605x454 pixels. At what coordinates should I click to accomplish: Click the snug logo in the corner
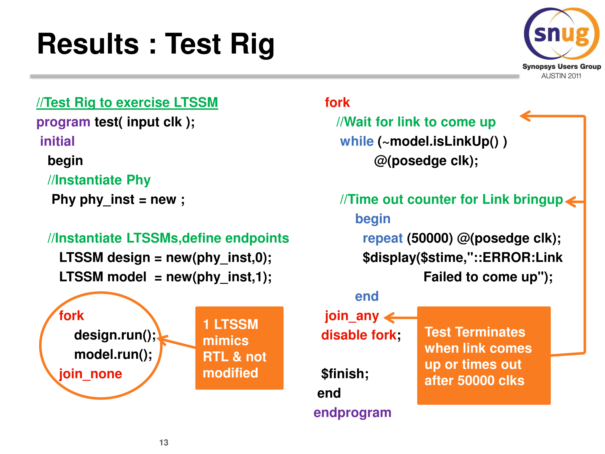pos(562,34)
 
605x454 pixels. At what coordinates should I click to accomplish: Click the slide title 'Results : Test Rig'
pos(156,44)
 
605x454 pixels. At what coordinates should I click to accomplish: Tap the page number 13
pos(164,442)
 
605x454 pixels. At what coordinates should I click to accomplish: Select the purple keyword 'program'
pos(63,122)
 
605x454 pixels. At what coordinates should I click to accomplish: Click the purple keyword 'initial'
pos(57,141)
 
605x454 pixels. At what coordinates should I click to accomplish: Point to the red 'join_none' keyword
pos(90,374)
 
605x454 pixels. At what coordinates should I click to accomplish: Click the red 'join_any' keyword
pos(352,316)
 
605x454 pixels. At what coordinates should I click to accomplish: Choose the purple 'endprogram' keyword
pos(352,413)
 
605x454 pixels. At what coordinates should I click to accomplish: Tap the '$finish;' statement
pos(345,374)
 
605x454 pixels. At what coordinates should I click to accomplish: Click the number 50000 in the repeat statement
pos(430,238)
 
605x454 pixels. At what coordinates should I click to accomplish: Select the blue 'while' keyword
pos(357,141)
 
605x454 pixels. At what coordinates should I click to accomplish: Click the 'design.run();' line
pos(115,335)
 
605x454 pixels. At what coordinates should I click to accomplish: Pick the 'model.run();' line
pos(113,355)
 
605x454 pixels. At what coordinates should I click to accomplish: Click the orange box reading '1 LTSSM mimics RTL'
pos(239,348)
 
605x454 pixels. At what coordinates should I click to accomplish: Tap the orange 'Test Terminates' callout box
pos(484,356)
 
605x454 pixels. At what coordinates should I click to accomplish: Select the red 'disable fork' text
pos(359,335)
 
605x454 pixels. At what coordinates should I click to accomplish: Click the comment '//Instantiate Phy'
pos(99,180)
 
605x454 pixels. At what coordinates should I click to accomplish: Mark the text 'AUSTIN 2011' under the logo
pos(561,76)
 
